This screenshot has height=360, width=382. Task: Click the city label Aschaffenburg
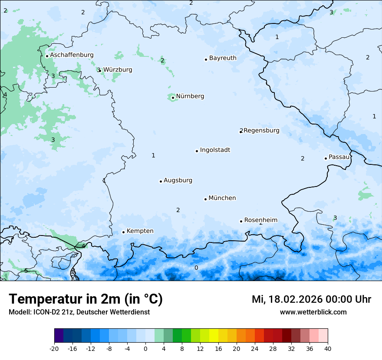(x=72, y=55)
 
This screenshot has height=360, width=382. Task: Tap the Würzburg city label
(x=118, y=70)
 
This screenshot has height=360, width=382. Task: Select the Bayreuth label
(x=223, y=58)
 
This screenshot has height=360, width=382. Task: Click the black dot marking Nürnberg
(x=173, y=98)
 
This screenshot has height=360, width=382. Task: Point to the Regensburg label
(x=261, y=131)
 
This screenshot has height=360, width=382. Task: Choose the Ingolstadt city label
(x=215, y=150)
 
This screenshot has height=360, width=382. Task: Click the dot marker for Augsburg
(x=161, y=181)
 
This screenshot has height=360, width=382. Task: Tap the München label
(x=222, y=198)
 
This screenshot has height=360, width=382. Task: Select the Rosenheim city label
(x=260, y=220)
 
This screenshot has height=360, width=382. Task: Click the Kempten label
(x=140, y=231)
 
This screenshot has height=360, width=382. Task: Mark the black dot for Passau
(x=326, y=158)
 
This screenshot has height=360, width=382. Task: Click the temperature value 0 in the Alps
(x=196, y=268)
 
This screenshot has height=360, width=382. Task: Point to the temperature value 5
(x=26, y=271)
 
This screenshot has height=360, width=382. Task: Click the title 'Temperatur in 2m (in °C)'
(x=86, y=299)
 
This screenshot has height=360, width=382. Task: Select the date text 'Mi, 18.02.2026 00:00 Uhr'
(x=311, y=299)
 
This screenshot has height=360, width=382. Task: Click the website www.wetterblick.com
(x=313, y=312)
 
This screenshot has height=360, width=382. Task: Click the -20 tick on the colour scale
(x=54, y=348)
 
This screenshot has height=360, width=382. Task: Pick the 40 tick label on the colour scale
(x=328, y=348)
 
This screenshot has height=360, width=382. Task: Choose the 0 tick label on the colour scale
(x=145, y=348)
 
